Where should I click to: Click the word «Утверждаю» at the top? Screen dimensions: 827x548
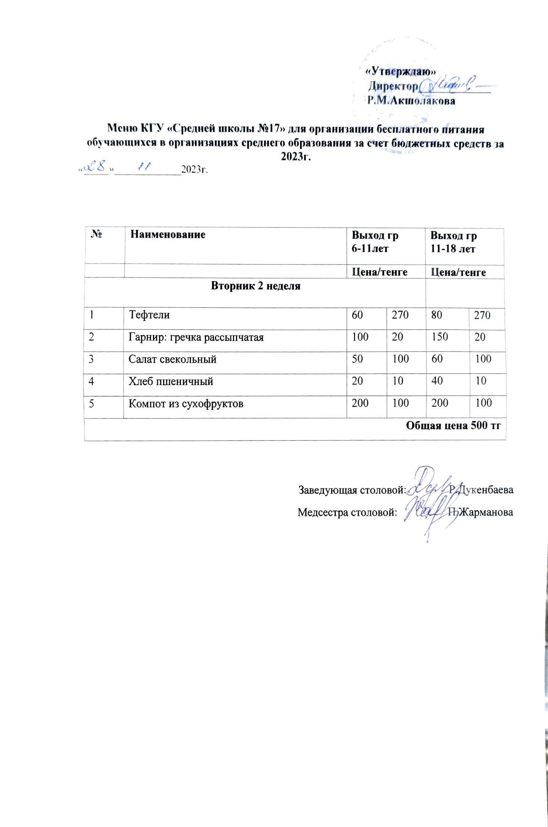pyautogui.click(x=401, y=71)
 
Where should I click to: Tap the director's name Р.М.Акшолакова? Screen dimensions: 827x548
pyautogui.click(x=411, y=101)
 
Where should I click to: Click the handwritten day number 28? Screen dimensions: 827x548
pyautogui.click(x=96, y=166)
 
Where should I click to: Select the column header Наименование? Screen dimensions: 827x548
pyautogui.click(x=168, y=235)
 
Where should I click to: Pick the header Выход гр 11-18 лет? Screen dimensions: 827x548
pyautogui.click(x=453, y=242)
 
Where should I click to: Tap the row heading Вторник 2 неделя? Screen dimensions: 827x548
pyautogui.click(x=256, y=286)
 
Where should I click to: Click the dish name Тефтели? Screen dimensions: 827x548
pyautogui.click(x=149, y=315)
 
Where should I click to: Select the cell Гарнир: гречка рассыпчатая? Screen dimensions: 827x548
pyautogui.click(x=196, y=337)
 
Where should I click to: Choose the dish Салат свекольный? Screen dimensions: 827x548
pyautogui.click(x=172, y=359)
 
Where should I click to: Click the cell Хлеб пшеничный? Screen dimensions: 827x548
pyautogui.click(x=171, y=382)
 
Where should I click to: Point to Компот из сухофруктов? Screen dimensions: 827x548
pyautogui.click(x=186, y=404)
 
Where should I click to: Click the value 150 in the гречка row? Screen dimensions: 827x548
pyautogui.click(x=439, y=337)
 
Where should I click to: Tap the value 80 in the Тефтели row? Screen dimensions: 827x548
pyautogui.click(x=436, y=315)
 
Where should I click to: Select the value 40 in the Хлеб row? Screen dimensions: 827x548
pyautogui.click(x=437, y=381)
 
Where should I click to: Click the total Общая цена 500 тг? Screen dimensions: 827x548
pyautogui.click(x=453, y=426)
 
